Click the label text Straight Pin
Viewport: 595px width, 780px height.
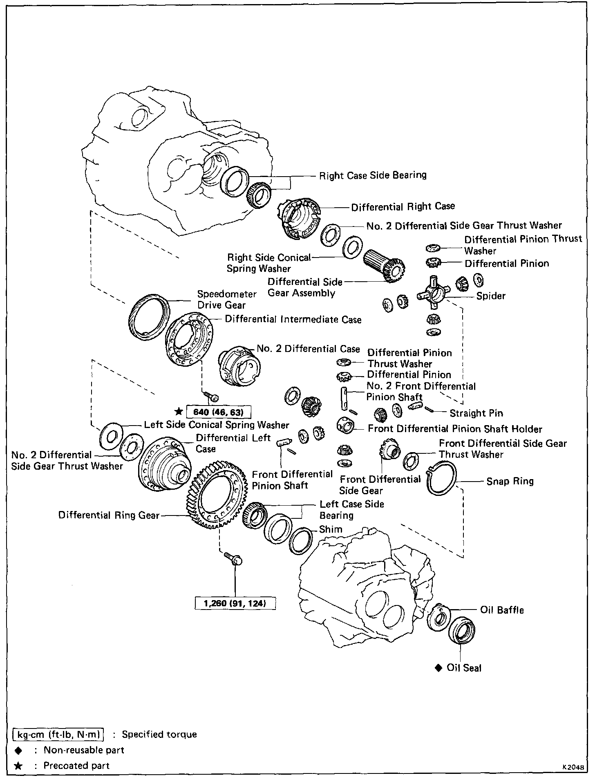[x=476, y=413]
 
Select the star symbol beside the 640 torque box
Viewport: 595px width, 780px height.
[x=178, y=411]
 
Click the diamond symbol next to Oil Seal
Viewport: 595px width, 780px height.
[x=438, y=668]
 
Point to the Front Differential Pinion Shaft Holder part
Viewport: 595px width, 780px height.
[x=345, y=426]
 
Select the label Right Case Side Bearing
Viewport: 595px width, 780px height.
[x=372, y=175]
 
